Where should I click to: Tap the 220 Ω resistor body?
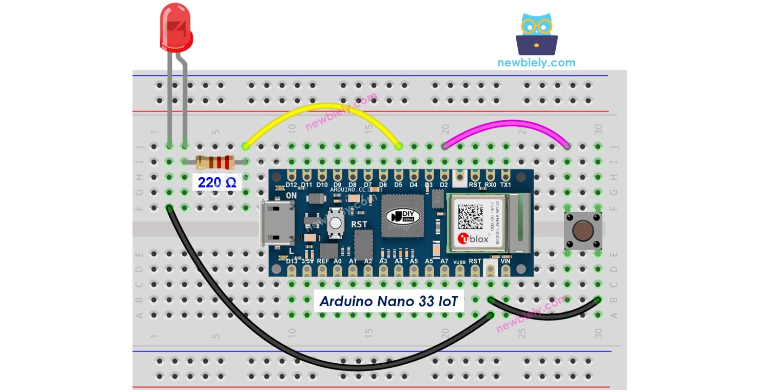click(x=216, y=163)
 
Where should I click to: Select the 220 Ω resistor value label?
click(x=217, y=182)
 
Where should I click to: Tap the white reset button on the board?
click(x=335, y=223)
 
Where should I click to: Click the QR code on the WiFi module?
click(x=471, y=216)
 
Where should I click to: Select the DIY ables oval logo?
click(x=403, y=216)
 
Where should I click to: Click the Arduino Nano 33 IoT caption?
click(x=388, y=301)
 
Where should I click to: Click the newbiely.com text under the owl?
click(x=536, y=63)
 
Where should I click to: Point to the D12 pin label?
click(x=291, y=184)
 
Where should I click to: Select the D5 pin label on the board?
click(x=398, y=184)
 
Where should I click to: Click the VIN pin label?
click(x=506, y=261)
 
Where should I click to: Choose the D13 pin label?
click(x=291, y=261)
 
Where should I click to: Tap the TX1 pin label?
click(x=506, y=184)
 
